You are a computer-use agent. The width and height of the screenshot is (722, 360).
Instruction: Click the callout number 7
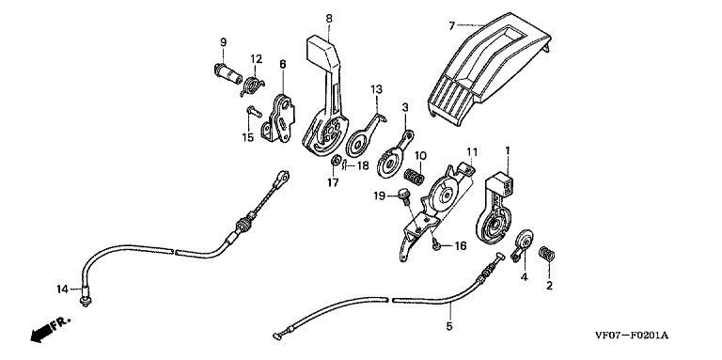pyautogui.click(x=451, y=25)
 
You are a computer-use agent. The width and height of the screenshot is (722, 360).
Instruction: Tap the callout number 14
pyautogui.click(x=62, y=290)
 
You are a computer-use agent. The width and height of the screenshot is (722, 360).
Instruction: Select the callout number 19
pyautogui.click(x=380, y=196)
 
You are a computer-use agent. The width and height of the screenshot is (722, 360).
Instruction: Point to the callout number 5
pyautogui.click(x=449, y=326)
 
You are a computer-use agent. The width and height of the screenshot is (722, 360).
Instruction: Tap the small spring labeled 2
pyautogui.click(x=546, y=254)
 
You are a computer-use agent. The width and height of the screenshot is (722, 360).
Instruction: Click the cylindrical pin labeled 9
pyautogui.click(x=228, y=73)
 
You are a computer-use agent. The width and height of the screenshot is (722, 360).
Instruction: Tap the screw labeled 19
pyautogui.click(x=403, y=195)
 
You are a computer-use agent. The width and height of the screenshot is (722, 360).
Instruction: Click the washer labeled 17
pyautogui.click(x=337, y=161)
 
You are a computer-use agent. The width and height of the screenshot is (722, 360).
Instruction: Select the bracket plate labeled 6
pyautogui.click(x=279, y=120)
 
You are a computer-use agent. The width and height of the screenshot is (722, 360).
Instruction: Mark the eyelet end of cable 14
pyautogui.click(x=282, y=178)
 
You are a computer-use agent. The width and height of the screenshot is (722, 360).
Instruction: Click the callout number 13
pyautogui.click(x=376, y=89)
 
